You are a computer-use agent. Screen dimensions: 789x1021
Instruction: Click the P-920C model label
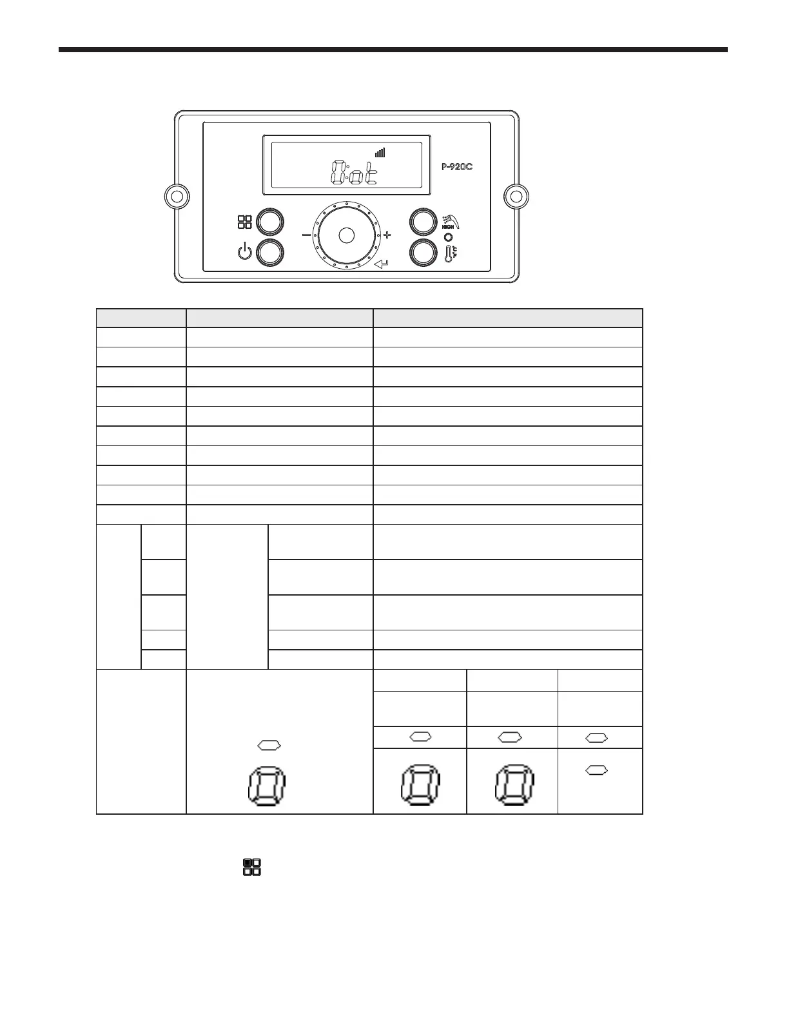[x=457, y=166]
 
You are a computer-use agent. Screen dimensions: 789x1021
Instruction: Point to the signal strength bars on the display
[x=380, y=153]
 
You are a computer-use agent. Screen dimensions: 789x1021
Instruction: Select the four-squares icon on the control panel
[x=245, y=222]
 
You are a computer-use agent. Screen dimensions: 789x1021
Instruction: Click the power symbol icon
[x=245, y=252]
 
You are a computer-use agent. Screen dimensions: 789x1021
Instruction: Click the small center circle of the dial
[x=346, y=235]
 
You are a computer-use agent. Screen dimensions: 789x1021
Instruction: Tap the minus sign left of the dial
[x=306, y=235]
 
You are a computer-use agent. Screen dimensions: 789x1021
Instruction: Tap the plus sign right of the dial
[x=387, y=235]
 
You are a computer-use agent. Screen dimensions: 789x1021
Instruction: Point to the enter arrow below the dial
[x=382, y=264]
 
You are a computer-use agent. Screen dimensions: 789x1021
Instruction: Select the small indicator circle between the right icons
[x=448, y=237]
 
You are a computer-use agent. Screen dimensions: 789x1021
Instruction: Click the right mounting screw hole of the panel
[x=516, y=196]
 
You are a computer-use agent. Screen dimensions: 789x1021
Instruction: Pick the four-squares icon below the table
[x=251, y=867]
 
